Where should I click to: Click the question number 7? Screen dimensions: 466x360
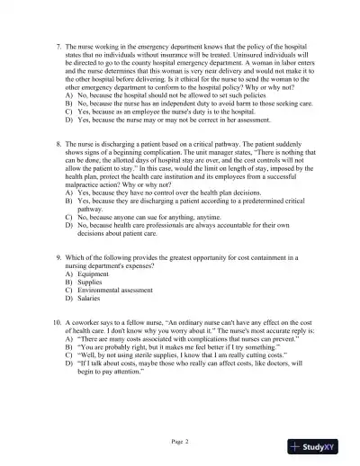click(58, 45)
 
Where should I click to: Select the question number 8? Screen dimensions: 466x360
click(58, 144)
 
